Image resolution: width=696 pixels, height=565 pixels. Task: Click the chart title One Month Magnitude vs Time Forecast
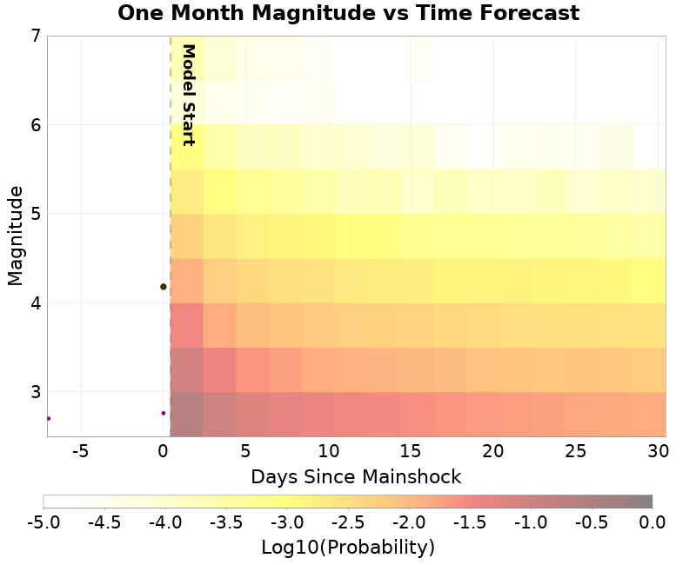(x=348, y=13)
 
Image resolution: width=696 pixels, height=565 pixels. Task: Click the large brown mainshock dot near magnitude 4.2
(x=163, y=287)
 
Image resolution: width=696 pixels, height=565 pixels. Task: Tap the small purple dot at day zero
(x=164, y=413)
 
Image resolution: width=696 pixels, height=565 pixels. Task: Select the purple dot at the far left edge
(x=49, y=418)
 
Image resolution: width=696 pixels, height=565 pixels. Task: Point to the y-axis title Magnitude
(x=15, y=236)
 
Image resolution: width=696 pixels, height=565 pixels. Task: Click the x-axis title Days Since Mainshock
(x=356, y=476)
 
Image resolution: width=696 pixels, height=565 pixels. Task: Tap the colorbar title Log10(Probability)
(x=348, y=548)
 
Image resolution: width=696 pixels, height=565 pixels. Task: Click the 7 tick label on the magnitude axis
(x=36, y=37)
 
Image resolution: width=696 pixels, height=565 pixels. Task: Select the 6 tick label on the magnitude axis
(x=36, y=125)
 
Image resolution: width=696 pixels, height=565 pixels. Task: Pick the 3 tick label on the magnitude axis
(x=36, y=391)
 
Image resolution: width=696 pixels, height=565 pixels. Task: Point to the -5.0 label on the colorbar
(x=43, y=522)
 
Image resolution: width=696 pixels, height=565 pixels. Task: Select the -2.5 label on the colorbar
(x=348, y=522)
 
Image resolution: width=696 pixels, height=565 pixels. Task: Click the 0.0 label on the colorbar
(x=652, y=522)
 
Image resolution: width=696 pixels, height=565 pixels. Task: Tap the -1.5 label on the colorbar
(x=470, y=522)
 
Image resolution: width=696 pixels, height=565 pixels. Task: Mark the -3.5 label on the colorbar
(x=226, y=522)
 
